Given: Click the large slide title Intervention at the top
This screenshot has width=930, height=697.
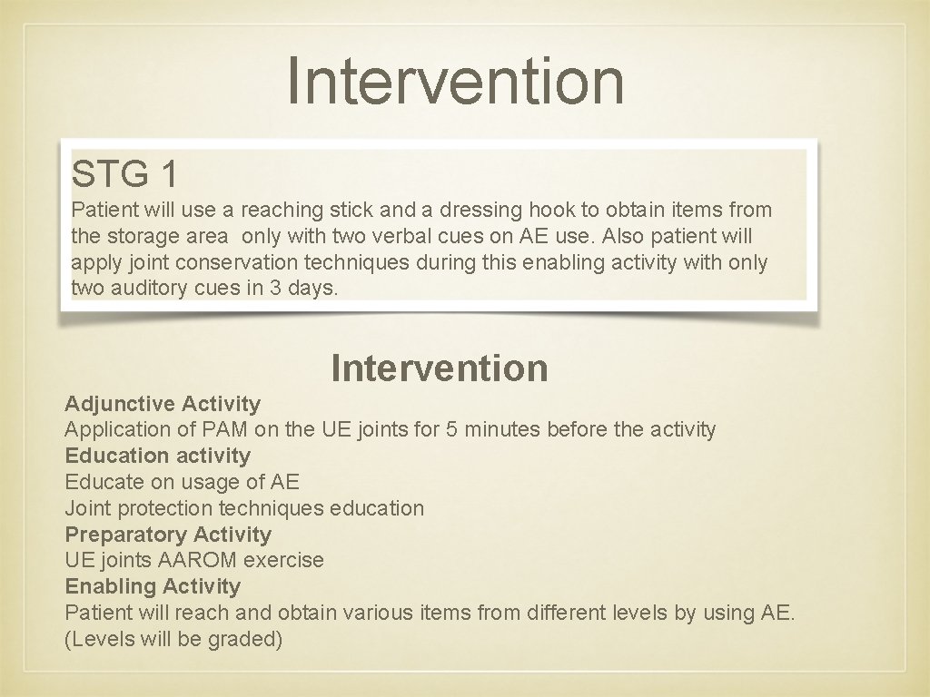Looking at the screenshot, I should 456,80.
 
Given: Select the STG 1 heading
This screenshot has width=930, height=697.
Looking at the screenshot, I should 124,173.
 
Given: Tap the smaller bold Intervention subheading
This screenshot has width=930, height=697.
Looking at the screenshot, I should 440,368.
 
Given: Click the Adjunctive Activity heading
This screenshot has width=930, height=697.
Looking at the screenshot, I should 163,404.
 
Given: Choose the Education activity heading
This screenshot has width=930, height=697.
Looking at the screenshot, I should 157,456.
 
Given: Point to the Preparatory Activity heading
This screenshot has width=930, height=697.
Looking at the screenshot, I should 168,535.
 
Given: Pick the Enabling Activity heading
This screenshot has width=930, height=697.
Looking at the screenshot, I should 153,586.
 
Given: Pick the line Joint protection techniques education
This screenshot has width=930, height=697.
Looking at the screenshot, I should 244,508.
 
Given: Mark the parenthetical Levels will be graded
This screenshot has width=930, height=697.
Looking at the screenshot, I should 173,639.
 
